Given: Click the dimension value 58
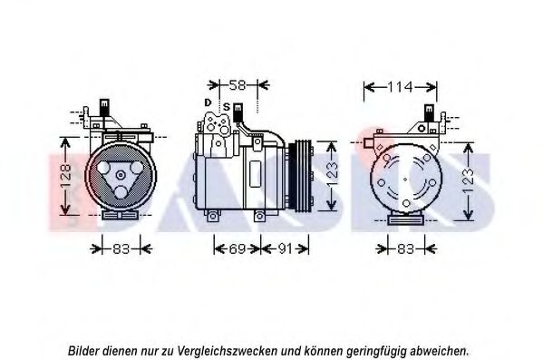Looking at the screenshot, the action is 238,84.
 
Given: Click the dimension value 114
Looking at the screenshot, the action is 400,87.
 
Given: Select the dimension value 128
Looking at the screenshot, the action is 66,176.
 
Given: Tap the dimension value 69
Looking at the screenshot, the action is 238,248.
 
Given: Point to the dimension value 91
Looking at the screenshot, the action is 285,248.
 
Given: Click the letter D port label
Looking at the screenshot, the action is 208,102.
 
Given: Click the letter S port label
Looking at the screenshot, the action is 227,107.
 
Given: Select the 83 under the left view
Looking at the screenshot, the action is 121,248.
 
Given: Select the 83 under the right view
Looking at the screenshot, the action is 406,248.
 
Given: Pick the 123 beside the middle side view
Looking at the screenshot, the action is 332,175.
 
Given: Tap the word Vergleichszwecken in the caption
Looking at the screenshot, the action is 228,351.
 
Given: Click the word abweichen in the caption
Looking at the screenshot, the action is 440,351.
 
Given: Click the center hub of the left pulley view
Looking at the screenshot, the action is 121,175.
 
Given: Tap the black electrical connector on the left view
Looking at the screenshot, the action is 104,107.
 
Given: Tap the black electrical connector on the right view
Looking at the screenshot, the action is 429,112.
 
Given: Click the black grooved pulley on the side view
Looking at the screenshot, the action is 300,175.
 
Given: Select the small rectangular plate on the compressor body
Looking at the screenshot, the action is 255,173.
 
